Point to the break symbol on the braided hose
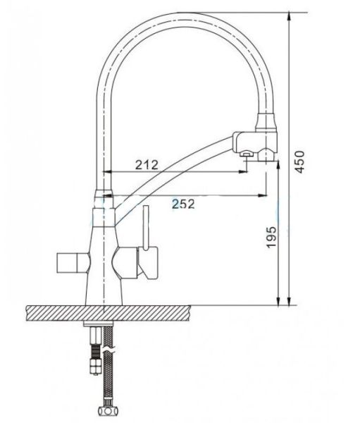106,352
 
